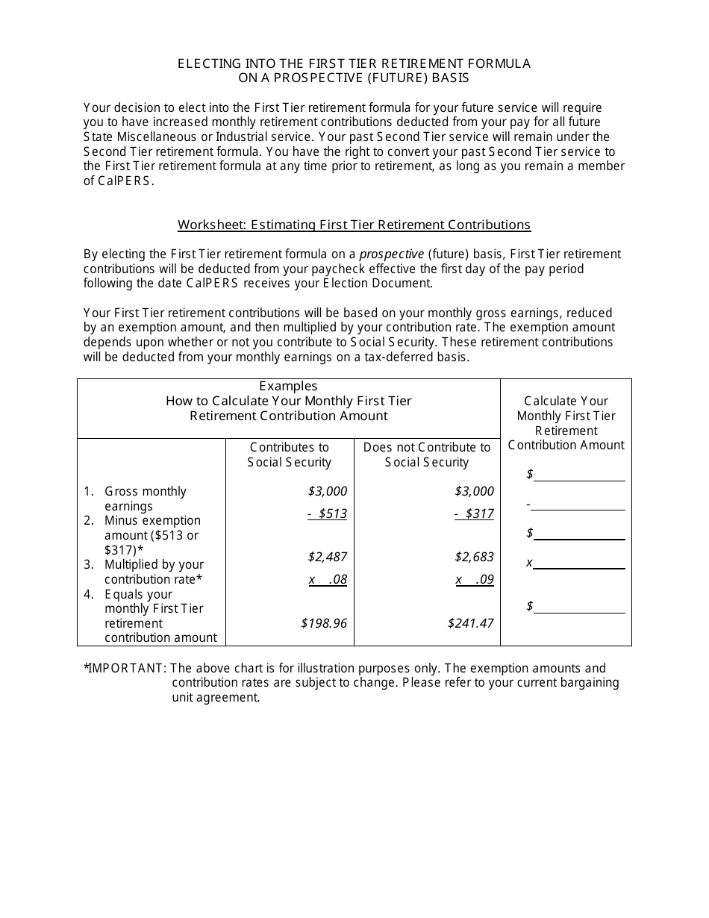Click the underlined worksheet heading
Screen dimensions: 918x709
(354, 225)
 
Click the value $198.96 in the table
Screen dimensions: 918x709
(324, 622)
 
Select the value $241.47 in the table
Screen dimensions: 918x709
(470, 622)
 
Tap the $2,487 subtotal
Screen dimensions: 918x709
(327, 557)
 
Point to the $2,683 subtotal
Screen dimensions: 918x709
(474, 557)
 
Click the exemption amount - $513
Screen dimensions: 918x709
(327, 513)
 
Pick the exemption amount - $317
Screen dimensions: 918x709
(474, 513)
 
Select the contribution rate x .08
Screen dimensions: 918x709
(328, 579)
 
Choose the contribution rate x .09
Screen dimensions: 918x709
(475, 579)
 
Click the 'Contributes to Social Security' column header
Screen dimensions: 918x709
(289, 455)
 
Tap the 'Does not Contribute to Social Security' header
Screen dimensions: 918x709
(427, 455)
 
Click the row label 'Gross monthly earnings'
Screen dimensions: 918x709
(145, 499)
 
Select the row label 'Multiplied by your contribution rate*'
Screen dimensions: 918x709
(153, 572)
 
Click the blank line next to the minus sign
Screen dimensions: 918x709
(578, 506)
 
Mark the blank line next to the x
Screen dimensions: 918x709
(579, 564)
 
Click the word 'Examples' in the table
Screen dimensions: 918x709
(288, 386)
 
